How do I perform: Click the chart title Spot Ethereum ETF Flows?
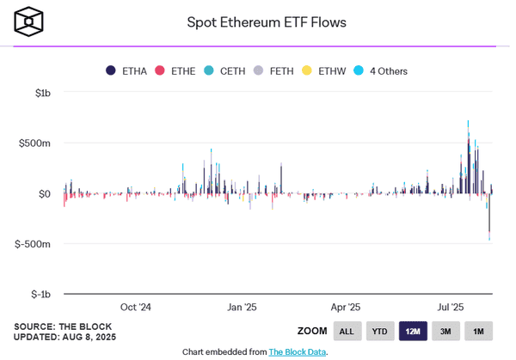coord(267,21)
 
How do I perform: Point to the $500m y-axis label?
coord(34,143)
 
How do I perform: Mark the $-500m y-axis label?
coord(33,244)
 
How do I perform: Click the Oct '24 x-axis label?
coord(135,307)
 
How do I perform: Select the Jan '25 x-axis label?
coord(242,307)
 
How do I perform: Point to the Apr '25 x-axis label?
coord(345,307)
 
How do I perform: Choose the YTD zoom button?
coord(380,331)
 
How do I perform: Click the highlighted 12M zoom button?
coord(413,331)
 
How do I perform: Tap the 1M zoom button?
coord(479,331)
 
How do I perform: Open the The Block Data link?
coord(297,351)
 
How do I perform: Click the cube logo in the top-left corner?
coord(28,21)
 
